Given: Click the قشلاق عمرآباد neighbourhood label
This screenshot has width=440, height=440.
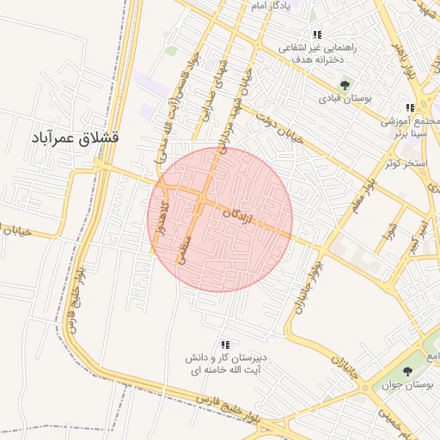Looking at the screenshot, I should [75, 137].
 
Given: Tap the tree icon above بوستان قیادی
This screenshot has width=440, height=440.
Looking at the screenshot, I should [345, 84].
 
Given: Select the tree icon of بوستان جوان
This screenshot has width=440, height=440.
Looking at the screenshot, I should [407, 371].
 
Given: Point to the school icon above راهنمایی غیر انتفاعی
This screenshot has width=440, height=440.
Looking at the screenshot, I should [317, 35].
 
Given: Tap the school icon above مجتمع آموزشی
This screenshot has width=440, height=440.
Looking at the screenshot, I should [410, 107].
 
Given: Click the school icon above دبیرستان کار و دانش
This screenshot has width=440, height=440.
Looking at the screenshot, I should [225, 345].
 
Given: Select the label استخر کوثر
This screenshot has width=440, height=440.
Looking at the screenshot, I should [407, 162].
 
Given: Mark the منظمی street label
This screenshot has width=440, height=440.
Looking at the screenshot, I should [182, 251].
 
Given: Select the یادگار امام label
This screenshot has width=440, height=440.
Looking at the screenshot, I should [271, 6].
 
